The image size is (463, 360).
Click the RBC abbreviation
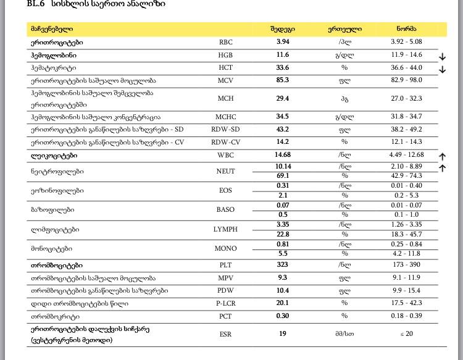225,43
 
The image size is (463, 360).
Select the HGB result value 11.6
283,55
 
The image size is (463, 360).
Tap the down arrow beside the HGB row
442,57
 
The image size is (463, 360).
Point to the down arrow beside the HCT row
442,70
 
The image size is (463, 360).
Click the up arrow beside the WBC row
442,157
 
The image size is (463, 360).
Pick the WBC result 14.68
283,154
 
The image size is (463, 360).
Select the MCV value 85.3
283,80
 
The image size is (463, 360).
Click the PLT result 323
283,266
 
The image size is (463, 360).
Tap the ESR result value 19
283,333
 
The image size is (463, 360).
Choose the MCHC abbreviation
225,117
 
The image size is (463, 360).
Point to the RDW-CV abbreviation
225,141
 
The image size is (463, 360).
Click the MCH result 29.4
283,98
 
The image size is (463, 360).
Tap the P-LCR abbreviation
225,303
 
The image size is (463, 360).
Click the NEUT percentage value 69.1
283,176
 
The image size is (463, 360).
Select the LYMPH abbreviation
225,229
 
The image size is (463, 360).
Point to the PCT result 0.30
283,316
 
